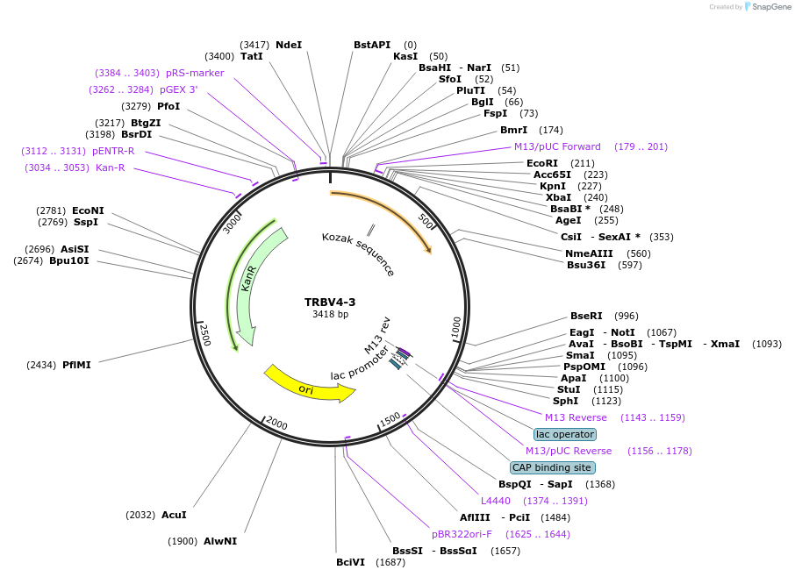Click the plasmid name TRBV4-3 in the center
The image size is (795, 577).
pyautogui.click(x=330, y=302)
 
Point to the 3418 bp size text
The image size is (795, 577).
pyautogui.click(x=330, y=314)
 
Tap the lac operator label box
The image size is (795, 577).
pyautogui.click(x=565, y=434)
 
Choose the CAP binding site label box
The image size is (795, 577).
pyautogui.click(x=553, y=467)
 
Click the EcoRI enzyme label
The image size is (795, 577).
pyautogui.click(x=541, y=163)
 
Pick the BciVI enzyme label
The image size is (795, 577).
pyautogui.click(x=350, y=562)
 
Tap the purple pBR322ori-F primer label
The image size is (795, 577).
pyautogui.click(x=462, y=533)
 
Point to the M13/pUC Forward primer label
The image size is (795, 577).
pyautogui.click(x=557, y=146)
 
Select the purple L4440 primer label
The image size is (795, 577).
pyautogui.click(x=495, y=501)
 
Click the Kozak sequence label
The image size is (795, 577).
pyautogui.click(x=358, y=254)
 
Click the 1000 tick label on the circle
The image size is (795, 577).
pyautogui.click(x=455, y=327)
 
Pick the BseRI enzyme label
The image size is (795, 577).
pyautogui.click(x=586, y=316)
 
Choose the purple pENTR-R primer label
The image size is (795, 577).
pyautogui.click(x=113, y=151)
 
